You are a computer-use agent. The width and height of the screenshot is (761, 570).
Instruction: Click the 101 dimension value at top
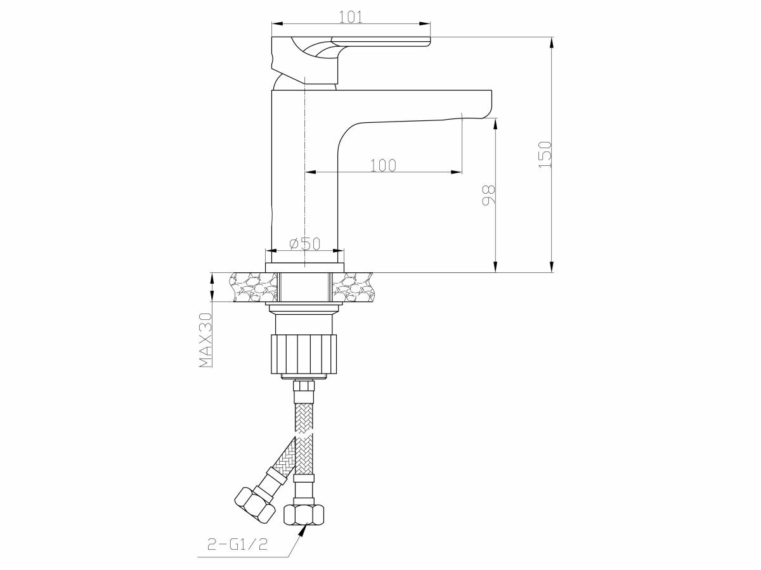coord(351,17)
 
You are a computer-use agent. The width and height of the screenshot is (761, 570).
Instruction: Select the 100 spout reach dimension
coord(383,165)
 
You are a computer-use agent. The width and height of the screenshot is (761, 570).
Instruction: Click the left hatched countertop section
coord(254,288)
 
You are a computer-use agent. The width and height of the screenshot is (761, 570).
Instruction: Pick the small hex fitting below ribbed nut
coord(304,385)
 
